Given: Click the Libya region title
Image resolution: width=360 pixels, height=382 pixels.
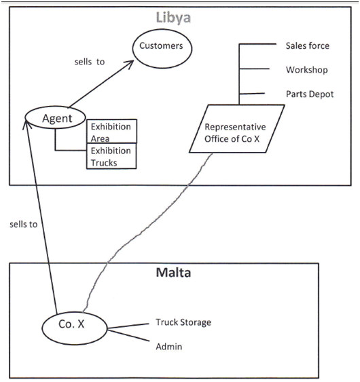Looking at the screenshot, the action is pyautogui.click(x=173, y=18).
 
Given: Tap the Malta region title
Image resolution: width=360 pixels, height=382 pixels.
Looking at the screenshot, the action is pyautogui.click(x=173, y=272).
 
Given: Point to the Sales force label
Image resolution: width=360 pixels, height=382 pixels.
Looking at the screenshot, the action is pyautogui.click(x=307, y=46).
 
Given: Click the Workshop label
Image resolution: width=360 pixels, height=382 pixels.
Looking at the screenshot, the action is pyautogui.click(x=307, y=70).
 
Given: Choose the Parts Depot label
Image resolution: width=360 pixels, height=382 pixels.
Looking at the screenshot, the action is pyautogui.click(x=310, y=94).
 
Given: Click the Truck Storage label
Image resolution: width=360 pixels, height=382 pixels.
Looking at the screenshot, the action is pyautogui.click(x=183, y=322).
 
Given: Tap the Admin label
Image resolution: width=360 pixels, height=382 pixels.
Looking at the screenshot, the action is pyautogui.click(x=169, y=347).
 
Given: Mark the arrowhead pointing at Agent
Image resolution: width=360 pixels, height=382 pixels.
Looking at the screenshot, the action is pyautogui.click(x=26, y=123).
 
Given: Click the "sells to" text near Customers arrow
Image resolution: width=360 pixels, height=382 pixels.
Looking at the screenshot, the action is pyautogui.click(x=90, y=62).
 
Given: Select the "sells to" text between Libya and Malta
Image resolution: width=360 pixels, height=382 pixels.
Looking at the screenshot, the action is pyautogui.click(x=23, y=225).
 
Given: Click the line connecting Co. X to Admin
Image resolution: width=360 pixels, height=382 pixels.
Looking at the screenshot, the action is pyautogui.click(x=128, y=335).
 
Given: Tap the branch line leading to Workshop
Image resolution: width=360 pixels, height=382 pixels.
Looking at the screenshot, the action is pyautogui.click(x=255, y=69).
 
